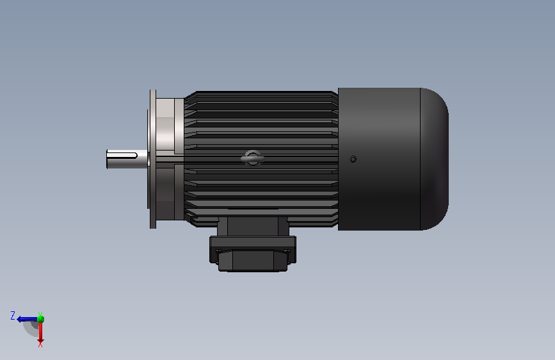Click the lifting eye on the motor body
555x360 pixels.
(252, 158)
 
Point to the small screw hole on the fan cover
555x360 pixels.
(353, 159)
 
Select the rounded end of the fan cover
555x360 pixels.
(435, 159)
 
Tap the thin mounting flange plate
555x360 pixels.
(152, 159)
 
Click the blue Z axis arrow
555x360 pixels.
(26, 318)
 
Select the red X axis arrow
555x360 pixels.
(40, 332)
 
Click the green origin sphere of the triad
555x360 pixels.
(40, 318)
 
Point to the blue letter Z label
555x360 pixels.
(13, 315)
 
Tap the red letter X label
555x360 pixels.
(40, 344)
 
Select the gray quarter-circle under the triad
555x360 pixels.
(31, 328)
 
